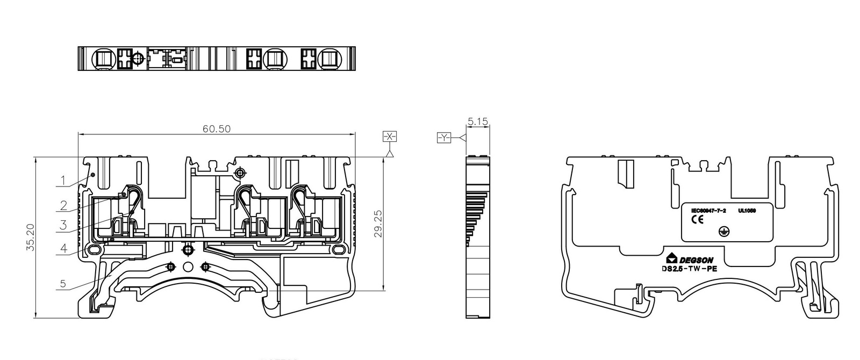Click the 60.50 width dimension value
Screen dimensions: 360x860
point(216,129)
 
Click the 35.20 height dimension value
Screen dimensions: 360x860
point(31,237)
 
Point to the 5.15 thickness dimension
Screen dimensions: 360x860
point(477,122)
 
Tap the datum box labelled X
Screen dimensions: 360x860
point(390,136)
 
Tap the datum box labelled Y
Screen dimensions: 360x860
point(444,139)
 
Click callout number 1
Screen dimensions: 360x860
point(63,181)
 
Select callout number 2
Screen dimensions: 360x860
point(63,205)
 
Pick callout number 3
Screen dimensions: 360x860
point(63,226)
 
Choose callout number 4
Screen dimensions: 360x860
point(63,249)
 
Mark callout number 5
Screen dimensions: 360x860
point(63,283)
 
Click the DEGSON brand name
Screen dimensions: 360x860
point(699,260)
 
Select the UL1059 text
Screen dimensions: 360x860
point(747,211)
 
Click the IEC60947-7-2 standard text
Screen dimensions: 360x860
point(708,211)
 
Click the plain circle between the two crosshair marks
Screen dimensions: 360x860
point(188,267)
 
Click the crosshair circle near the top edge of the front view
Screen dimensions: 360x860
point(240,172)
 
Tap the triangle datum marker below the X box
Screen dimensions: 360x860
point(390,154)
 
